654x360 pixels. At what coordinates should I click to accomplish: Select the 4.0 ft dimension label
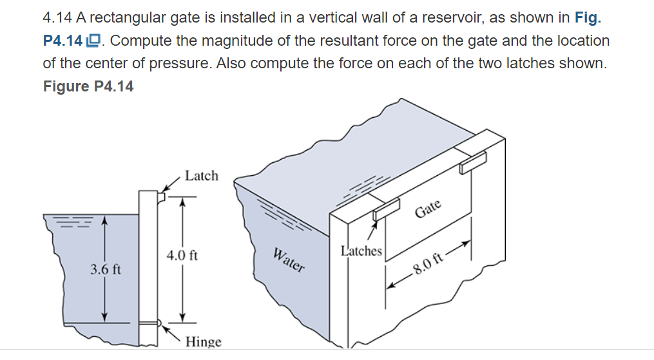(x=182, y=256)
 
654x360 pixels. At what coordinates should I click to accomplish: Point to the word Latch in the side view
(x=201, y=176)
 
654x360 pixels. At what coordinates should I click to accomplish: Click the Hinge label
(x=203, y=342)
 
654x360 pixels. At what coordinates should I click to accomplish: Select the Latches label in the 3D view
(x=361, y=251)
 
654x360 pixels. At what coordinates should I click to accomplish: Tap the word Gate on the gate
(x=428, y=209)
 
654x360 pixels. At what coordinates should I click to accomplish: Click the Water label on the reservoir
(x=288, y=259)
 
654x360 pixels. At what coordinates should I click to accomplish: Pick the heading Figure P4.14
(x=88, y=86)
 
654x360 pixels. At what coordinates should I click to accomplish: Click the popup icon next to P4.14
(x=94, y=41)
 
